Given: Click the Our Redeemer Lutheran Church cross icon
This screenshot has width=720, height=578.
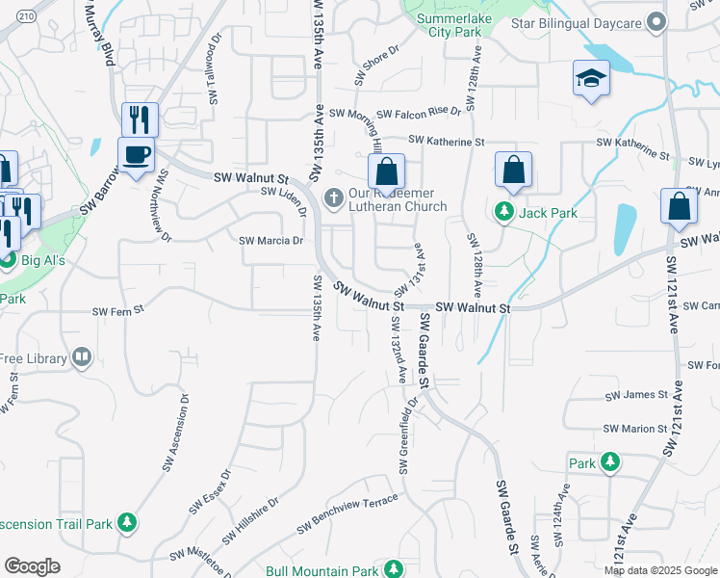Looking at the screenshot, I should pos(333,199).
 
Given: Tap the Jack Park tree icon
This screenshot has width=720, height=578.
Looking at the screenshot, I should pos(504,211).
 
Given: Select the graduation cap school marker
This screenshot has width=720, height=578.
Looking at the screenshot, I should pos(592,79).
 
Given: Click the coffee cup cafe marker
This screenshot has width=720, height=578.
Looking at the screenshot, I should pos(136,154).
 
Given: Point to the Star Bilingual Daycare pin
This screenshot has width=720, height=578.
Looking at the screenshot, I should pos(656,21).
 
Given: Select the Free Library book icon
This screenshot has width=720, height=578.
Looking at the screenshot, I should pos(82,358).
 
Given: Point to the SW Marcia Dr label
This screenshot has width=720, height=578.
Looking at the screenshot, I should pos(270,241).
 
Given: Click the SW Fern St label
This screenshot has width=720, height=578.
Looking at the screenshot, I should pos(117,310).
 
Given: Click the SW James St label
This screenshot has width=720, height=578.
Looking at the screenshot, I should pos(635,395).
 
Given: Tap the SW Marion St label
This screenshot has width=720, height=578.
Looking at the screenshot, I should pos(634,428).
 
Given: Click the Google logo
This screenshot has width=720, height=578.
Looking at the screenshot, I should pos(33,566).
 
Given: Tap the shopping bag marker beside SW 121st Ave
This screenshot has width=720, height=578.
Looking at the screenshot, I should pos(680,207).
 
